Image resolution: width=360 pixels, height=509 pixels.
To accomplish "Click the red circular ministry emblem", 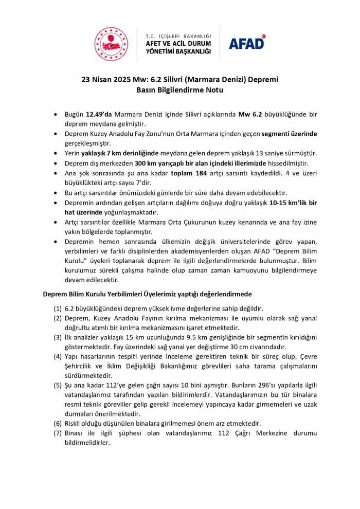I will (x=111, y=44).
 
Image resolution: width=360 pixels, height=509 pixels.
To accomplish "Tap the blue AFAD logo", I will (x=247, y=42).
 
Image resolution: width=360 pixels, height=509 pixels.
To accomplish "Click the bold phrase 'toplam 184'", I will (x=189, y=173).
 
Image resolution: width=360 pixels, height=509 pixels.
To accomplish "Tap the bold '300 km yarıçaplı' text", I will (x=157, y=163).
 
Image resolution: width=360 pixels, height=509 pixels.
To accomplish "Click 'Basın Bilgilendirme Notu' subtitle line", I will (x=179, y=89).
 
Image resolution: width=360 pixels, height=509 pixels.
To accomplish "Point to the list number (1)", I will (x=58, y=309).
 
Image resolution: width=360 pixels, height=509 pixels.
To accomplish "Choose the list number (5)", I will (x=58, y=385).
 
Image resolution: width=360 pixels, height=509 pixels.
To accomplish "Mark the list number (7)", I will (x=58, y=433).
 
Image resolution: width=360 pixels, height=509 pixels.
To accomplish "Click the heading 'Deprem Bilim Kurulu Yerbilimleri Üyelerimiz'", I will (x=117, y=294).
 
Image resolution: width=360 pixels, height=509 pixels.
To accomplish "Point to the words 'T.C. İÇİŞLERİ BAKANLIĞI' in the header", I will (x=178, y=36).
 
